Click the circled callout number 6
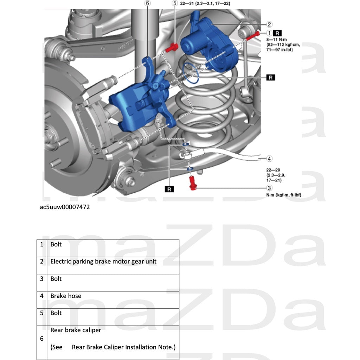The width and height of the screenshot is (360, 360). pos(147,4)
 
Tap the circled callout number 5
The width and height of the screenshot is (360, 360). pos(175,4)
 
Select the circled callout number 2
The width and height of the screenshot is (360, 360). pos(269,24)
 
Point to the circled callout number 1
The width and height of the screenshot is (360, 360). pos(269,33)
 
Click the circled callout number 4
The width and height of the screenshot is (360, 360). pos(269,159)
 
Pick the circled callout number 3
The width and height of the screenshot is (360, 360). pos(269,188)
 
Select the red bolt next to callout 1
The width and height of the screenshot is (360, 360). pos(253,35)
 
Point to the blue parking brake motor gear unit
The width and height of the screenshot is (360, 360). pos(210,44)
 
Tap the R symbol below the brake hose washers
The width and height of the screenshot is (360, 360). pos(169,189)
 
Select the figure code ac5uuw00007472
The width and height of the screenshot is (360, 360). pos(65,207)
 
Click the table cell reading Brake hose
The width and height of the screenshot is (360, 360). pos(66,296)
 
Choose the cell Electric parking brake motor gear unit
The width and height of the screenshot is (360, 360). pos(103,262)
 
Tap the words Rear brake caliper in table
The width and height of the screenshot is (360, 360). pos(76,330)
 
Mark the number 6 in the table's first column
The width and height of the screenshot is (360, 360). pos(42,339)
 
